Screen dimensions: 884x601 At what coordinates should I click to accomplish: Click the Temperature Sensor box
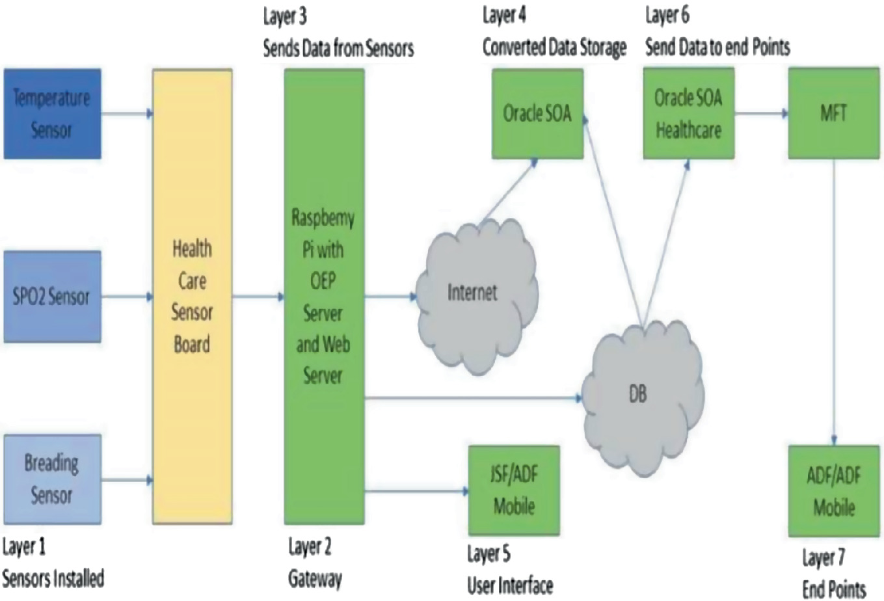point(52,114)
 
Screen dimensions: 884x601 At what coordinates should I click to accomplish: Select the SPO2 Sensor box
point(52,297)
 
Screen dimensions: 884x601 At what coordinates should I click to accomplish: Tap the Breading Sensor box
point(52,479)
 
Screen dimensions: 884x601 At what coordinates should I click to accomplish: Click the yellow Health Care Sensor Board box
point(192,297)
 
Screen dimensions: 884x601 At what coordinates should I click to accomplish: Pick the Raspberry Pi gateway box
point(323,297)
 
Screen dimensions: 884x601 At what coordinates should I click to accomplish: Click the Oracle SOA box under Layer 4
point(537,114)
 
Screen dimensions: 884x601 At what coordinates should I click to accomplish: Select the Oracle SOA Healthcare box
point(688,114)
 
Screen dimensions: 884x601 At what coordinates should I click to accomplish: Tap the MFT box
point(834,114)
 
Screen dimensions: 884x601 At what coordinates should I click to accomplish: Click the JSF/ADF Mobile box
point(514,490)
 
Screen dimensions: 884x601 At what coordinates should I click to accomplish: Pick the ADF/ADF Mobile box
point(834,491)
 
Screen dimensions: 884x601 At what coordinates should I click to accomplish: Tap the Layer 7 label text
point(823,558)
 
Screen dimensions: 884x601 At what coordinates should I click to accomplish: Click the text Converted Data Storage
point(554,47)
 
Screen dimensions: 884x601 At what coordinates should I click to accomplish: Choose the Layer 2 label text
point(310,547)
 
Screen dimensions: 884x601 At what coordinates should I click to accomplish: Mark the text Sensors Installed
point(53,578)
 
